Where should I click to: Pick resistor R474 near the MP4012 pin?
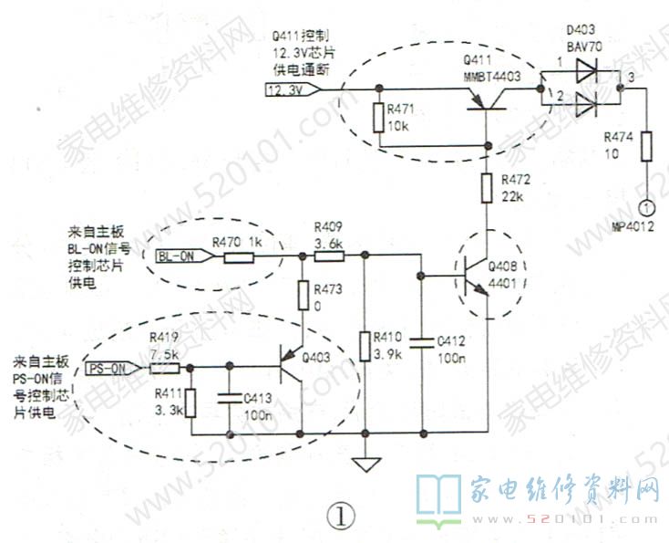(x=646, y=147)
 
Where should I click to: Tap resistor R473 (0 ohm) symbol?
(x=301, y=295)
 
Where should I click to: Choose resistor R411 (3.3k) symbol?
(x=190, y=401)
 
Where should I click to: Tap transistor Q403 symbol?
(x=293, y=368)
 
